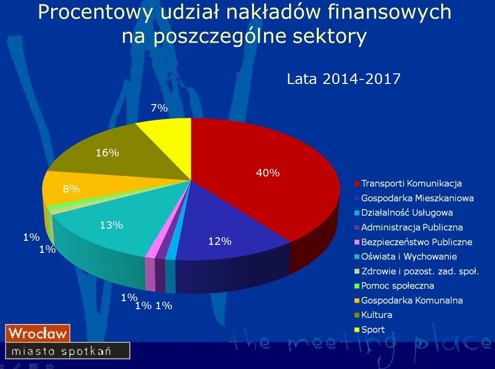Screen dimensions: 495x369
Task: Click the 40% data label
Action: point(268,173)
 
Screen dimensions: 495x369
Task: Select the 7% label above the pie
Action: point(159,108)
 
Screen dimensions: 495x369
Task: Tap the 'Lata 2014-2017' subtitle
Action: point(343,78)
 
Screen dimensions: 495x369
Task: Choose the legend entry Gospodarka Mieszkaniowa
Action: point(414,198)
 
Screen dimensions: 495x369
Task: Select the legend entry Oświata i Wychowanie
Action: point(406,256)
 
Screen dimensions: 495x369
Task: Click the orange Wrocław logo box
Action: point(38,333)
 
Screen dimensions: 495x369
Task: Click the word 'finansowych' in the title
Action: point(389,12)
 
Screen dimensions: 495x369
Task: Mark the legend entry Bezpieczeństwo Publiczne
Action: point(414,242)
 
